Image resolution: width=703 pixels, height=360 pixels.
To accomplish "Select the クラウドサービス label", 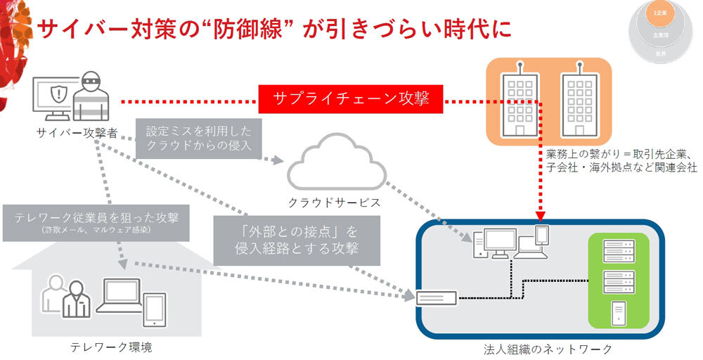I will coord(335,202).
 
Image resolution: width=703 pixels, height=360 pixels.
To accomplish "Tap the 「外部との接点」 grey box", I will coord(297,239).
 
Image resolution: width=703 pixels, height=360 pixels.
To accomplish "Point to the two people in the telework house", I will coord(65,296).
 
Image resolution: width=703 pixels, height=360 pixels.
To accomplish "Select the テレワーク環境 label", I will coord(111,347).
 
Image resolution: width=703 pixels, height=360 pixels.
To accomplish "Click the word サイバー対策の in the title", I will coord(117,29).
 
